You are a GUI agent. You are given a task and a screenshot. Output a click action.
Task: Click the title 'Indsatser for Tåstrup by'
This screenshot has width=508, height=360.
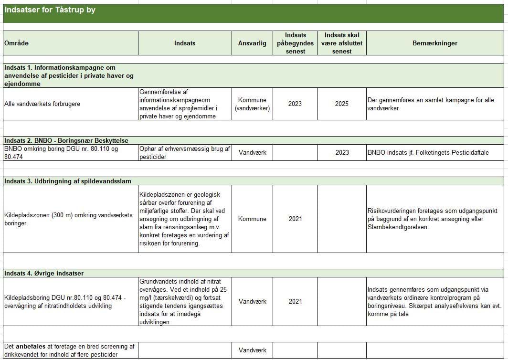click(50, 10)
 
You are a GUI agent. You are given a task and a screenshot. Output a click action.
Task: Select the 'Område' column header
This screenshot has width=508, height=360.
click(16, 43)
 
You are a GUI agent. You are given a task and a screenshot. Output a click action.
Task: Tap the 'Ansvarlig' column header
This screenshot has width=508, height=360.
click(252, 43)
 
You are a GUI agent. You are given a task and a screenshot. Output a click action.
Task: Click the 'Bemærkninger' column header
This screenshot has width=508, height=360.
click(434, 43)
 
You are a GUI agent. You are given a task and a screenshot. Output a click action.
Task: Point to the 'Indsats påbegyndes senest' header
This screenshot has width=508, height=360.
click(295, 43)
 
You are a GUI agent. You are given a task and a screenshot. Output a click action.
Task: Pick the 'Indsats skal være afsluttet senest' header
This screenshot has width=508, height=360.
click(342, 43)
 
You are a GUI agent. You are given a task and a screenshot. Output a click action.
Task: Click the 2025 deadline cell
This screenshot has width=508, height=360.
click(342, 104)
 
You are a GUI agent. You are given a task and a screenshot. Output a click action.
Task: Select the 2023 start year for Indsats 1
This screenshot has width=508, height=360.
click(295, 104)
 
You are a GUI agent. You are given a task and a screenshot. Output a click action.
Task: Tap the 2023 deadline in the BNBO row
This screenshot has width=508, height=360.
click(342, 153)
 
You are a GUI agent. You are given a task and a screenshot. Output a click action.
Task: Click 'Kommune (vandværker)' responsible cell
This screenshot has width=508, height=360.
click(252, 104)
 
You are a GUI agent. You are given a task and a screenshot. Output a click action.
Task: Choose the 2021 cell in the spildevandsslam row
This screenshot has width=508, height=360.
click(295, 219)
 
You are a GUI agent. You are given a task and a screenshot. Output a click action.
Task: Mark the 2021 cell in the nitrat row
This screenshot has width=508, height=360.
click(295, 301)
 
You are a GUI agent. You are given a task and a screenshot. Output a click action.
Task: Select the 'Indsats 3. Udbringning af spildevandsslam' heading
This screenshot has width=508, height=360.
click(67, 181)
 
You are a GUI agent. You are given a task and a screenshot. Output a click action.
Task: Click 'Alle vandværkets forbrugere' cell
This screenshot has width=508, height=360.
click(42, 104)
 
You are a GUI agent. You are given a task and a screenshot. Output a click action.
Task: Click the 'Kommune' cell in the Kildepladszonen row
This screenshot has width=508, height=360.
click(252, 219)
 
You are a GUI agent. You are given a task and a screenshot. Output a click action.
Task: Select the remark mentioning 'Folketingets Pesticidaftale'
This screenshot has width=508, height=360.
click(428, 153)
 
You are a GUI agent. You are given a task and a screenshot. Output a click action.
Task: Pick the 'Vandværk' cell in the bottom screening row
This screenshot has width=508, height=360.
click(252, 350)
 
